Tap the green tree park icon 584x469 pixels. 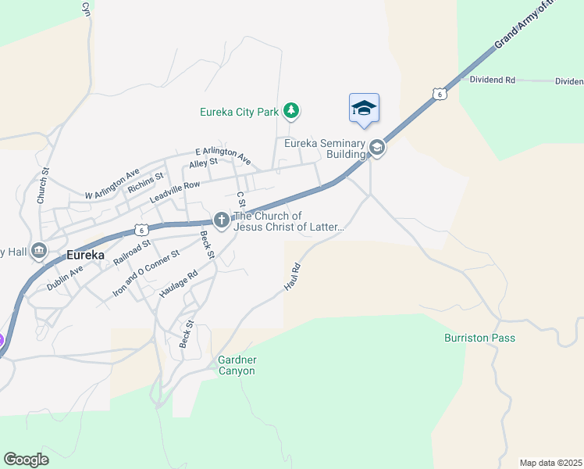point(291,111)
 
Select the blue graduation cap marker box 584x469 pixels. point(364,108)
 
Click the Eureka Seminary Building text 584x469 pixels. point(325,149)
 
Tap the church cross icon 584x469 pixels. point(222,221)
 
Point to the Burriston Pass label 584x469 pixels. point(479,338)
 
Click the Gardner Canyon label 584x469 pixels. point(236,365)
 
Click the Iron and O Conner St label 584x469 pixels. point(146,272)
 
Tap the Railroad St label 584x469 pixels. point(131,252)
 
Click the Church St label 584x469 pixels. point(44,185)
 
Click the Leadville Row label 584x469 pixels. point(175,192)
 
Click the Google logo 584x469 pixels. point(27,460)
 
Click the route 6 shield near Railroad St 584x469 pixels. point(141,230)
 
